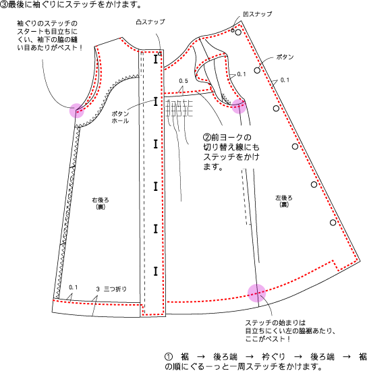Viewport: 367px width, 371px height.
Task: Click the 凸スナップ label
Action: (x=150, y=22)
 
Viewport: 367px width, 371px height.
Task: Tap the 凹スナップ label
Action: (x=258, y=14)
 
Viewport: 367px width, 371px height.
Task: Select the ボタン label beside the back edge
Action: (x=285, y=57)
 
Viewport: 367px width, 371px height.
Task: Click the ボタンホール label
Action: (x=120, y=117)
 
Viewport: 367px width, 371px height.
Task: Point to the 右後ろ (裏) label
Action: (x=101, y=203)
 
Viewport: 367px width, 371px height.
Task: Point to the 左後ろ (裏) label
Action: (x=284, y=201)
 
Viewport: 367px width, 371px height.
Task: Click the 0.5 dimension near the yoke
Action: (x=183, y=81)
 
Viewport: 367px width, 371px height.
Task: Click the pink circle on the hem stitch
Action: (x=257, y=293)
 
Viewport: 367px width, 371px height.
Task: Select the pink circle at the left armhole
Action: (x=77, y=111)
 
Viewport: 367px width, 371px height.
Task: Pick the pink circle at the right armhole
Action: (x=239, y=106)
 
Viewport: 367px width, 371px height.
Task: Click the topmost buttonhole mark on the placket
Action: (x=155, y=59)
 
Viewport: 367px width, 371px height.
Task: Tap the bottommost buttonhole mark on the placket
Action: (x=155, y=271)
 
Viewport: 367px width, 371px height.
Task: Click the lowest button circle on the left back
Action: (x=333, y=223)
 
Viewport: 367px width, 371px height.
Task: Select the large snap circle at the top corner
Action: (x=238, y=32)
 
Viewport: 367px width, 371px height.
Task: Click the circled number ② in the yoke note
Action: (x=207, y=137)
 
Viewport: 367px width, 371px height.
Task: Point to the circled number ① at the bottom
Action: (x=169, y=356)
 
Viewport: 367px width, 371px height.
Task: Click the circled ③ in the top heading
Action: (x=4, y=5)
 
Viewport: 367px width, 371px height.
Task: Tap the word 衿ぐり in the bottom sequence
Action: (x=273, y=356)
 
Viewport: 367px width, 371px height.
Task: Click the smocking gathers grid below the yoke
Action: (x=179, y=109)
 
